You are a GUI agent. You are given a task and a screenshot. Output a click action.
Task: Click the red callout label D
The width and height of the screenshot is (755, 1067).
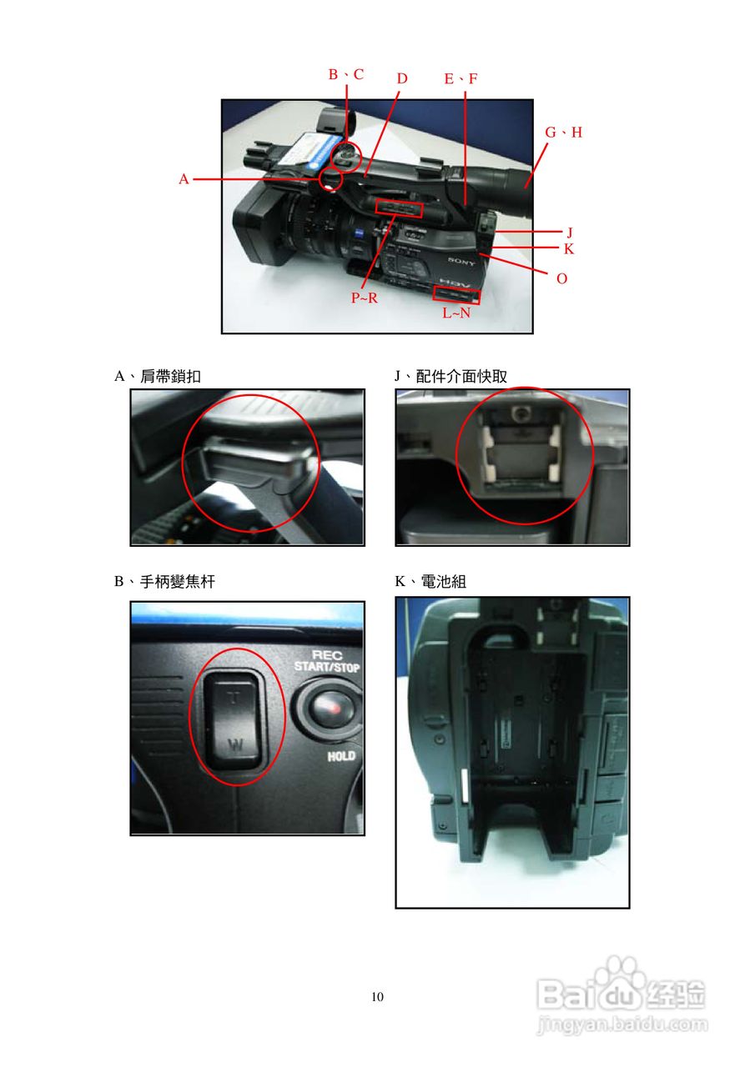click(402, 78)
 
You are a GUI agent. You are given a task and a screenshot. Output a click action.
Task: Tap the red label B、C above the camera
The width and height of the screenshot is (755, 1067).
click(346, 74)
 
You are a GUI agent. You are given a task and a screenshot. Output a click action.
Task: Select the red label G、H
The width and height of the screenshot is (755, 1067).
click(564, 133)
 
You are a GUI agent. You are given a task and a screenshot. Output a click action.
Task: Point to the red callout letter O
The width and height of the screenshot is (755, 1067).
click(562, 278)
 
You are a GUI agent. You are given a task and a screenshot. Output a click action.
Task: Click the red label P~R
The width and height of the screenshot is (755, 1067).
click(365, 298)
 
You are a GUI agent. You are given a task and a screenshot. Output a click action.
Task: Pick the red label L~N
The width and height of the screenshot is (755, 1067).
click(456, 313)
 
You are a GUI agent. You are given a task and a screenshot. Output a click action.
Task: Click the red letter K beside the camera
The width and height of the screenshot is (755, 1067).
click(569, 249)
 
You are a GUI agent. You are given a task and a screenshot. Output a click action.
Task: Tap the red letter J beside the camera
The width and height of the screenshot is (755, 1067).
click(570, 233)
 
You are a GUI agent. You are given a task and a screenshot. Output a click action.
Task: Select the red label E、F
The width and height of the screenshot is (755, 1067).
click(461, 78)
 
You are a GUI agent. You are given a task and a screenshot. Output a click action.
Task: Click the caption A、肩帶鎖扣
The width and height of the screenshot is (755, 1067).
click(158, 377)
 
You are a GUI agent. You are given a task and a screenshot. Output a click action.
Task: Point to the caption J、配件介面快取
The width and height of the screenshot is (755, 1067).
click(450, 376)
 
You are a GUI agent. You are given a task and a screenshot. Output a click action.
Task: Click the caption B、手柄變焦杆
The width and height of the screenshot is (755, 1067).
click(165, 582)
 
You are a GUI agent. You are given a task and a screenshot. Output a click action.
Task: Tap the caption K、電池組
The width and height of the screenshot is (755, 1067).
click(430, 582)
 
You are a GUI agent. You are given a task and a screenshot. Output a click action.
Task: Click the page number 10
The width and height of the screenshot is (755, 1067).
click(377, 997)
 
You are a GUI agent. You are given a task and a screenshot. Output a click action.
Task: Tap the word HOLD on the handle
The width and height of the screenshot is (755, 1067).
click(341, 756)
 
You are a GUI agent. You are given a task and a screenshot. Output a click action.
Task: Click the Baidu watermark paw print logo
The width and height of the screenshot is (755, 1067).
click(620, 972)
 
